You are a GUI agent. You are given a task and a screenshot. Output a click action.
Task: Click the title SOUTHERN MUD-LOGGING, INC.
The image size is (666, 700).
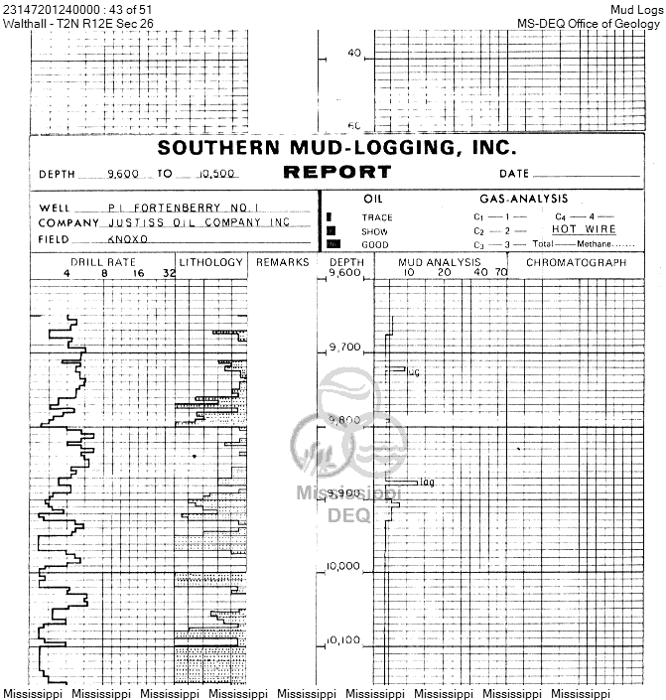tap(337, 149)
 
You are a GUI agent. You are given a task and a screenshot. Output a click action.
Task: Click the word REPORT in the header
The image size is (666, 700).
tap(337, 172)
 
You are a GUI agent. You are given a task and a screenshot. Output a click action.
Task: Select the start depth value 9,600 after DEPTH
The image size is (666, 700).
tap(124, 173)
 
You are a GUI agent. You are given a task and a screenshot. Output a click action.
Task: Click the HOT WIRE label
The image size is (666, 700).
tap(584, 229)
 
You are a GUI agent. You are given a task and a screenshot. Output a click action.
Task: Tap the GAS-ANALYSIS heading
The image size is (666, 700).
tap(523, 200)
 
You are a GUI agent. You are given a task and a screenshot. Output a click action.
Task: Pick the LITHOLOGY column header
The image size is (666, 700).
tap(211, 262)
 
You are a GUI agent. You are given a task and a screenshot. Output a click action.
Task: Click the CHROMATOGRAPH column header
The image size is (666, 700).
tap(576, 262)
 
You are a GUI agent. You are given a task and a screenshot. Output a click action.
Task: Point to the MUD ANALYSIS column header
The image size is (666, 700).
tap(439, 262)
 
